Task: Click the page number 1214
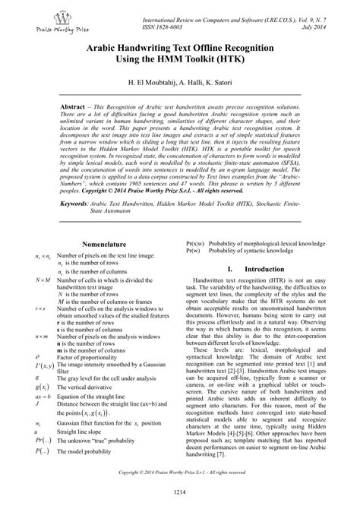[180, 494]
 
